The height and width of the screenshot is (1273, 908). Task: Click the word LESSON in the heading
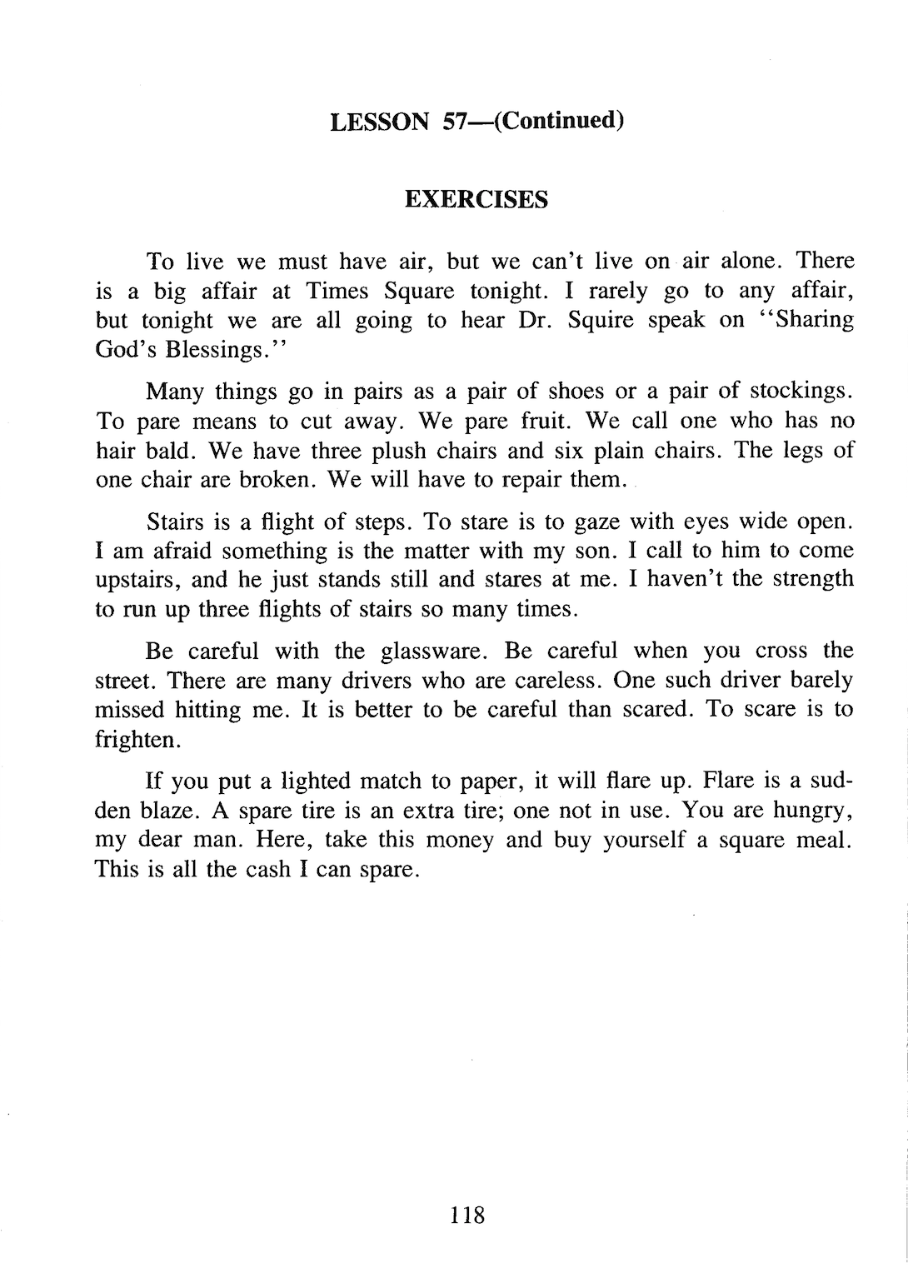[x=380, y=122]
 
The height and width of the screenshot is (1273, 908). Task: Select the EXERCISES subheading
[x=476, y=200]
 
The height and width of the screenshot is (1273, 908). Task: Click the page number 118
[x=466, y=1216]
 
